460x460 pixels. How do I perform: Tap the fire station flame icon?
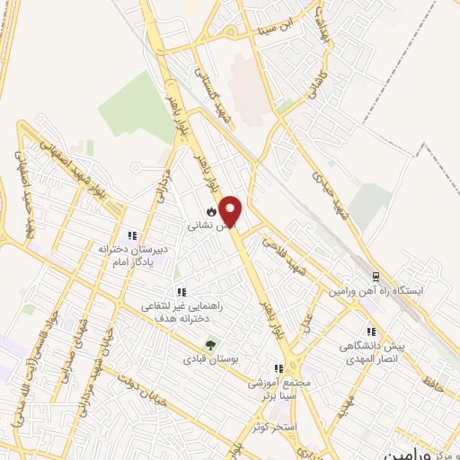coord(210,212)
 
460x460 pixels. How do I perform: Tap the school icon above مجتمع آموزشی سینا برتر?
coord(279,367)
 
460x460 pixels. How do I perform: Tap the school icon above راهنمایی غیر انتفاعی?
coord(181,292)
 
